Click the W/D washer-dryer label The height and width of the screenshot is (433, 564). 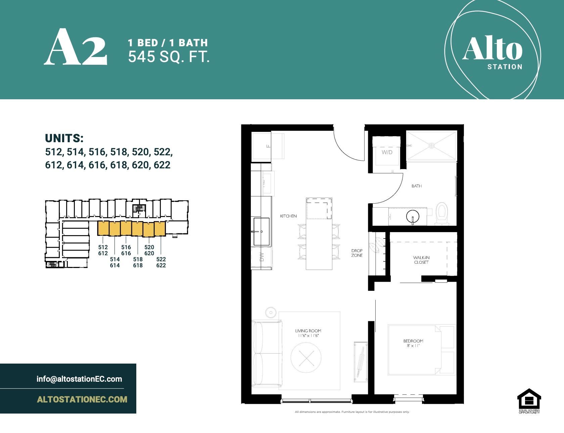click(x=387, y=152)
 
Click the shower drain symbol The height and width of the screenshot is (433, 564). click(x=431, y=146)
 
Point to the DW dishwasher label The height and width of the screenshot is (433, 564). click(x=262, y=257)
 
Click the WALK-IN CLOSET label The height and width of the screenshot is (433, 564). click(x=421, y=260)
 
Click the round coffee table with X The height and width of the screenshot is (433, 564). click(x=306, y=359)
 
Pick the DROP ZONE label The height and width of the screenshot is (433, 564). click(x=357, y=253)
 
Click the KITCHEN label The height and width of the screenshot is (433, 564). click(x=288, y=216)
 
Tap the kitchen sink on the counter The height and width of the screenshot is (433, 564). click(x=261, y=231)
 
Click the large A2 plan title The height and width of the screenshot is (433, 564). click(x=76, y=47)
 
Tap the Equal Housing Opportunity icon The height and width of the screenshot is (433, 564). click(x=529, y=400)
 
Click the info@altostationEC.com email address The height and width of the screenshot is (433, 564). click(x=79, y=379)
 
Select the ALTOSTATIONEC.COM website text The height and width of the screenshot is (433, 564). click(x=82, y=399)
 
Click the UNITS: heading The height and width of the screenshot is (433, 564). click(x=64, y=138)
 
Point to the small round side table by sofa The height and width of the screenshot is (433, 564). click(x=270, y=312)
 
